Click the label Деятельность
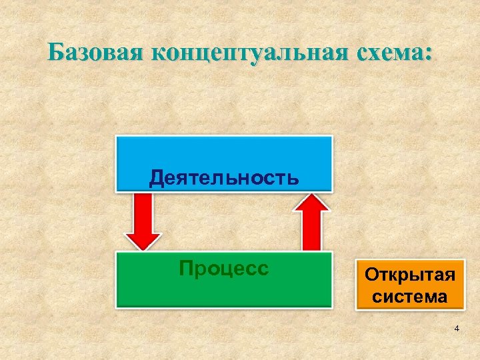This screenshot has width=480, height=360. (x=223, y=177)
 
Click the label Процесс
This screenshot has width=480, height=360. (x=223, y=269)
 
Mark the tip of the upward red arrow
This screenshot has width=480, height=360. (x=312, y=195)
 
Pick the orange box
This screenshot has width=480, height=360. (x=410, y=285)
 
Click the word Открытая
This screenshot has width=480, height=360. (x=410, y=275)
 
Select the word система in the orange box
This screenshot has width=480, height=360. (x=410, y=297)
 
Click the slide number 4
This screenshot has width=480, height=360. (x=456, y=329)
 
